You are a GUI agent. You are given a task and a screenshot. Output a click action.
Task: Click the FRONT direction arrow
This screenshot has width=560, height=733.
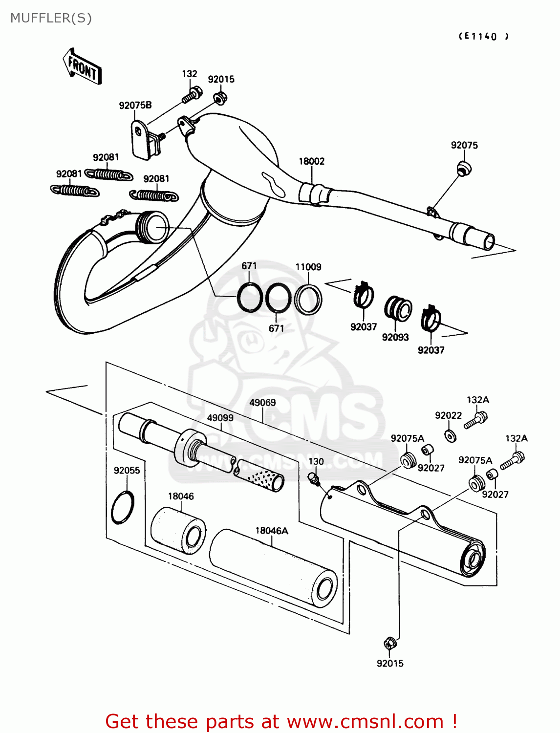tap(82, 67)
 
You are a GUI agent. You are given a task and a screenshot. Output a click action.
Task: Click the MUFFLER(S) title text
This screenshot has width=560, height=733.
tap(51, 18)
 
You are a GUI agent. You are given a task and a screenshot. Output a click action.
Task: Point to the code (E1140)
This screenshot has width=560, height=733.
tap(483, 36)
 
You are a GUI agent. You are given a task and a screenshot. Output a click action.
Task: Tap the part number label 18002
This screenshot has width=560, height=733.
tap(311, 161)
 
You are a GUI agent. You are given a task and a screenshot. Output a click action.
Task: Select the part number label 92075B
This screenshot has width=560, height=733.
tap(135, 105)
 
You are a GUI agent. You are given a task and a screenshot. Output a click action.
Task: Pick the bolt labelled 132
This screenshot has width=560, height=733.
tap(192, 94)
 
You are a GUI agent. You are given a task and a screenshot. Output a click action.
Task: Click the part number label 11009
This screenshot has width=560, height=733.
tap(308, 267)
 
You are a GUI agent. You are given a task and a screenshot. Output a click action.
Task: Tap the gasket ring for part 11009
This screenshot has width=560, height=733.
tap(308, 299)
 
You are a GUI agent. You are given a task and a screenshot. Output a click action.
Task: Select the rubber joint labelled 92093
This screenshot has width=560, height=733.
tap(398, 308)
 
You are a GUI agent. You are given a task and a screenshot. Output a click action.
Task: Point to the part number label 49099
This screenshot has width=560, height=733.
tap(220, 418)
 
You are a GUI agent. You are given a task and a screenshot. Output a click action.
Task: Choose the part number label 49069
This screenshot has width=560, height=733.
tap(262, 403)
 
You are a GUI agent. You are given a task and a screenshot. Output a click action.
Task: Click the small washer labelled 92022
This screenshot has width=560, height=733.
tap(451, 435)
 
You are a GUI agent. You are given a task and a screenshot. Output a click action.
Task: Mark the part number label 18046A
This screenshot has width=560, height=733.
tap(272, 530)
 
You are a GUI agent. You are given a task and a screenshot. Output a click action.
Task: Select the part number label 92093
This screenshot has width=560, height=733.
tap(395, 337)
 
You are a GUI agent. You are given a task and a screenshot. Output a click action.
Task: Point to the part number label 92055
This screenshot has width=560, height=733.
tap(127, 470)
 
